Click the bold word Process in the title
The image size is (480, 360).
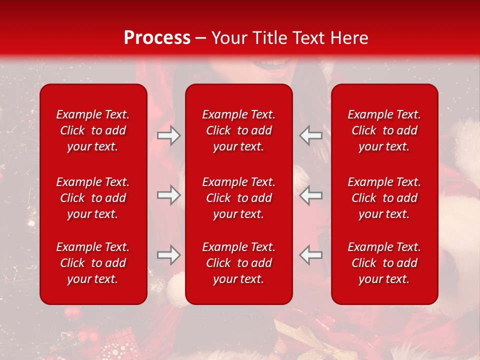pos(157,38)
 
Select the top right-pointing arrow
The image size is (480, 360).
pos(168,135)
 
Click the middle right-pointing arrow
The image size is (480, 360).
pos(168,195)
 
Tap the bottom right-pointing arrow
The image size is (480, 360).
pos(168,255)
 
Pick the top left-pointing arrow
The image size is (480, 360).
pos(310,135)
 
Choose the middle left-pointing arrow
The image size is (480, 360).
pos(310,195)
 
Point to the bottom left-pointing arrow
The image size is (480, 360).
pos(310,255)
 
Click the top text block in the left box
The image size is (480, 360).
pos(93,130)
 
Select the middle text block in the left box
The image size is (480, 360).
pos(93,198)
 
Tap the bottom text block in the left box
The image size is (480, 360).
pos(93,263)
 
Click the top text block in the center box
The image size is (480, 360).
pos(239,130)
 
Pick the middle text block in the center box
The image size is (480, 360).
pos(239,198)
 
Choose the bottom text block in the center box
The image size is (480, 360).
pos(239,263)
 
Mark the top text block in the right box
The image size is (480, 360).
pos(384,130)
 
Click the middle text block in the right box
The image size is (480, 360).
pos(384,198)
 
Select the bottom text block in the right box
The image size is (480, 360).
pos(384,263)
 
